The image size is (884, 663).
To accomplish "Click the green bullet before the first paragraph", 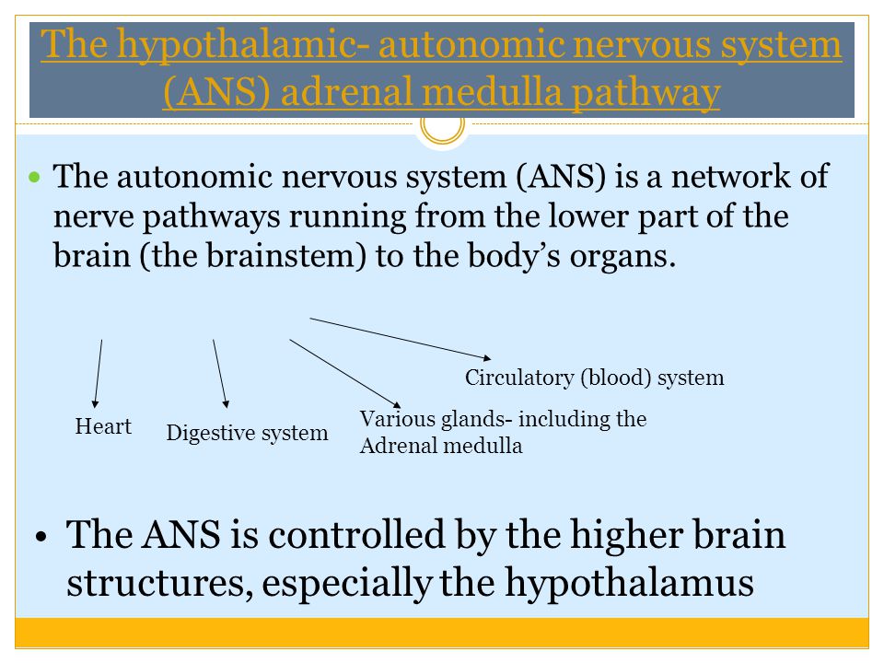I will (x=36, y=175).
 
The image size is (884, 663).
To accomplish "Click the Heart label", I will (x=103, y=426).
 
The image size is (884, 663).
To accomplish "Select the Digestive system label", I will (x=247, y=433).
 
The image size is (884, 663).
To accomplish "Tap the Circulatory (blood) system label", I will (x=594, y=378).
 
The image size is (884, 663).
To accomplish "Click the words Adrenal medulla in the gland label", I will (x=440, y=447).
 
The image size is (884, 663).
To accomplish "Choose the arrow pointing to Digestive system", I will (x=221, y=373).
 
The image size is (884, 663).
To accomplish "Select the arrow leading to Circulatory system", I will (x=401, y=338).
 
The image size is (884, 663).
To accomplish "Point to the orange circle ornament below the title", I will (x=442, y=127).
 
